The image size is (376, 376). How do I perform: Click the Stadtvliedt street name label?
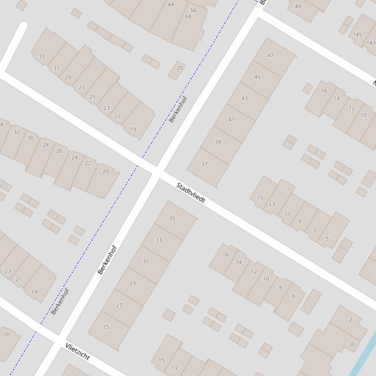click(x=191, y=193)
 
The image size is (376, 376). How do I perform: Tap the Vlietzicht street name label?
click(x=77, y=352)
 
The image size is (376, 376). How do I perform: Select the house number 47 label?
click(x=271, y=55)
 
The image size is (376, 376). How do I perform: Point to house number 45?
click(x=258, y=77)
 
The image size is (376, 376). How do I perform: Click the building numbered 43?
click(x=244, y=98)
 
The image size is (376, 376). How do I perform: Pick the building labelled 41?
click(x=231, y=120)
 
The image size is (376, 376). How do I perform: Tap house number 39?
click(x=218, y=142)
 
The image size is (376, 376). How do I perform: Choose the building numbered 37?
click(x=205, y=164)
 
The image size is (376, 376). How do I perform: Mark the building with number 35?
click(x=172, y=218)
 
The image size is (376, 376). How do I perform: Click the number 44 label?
click(x=170, y=4)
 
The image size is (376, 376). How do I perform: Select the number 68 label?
click(x=188, y=16)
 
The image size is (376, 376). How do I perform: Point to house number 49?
click(x=298, y=6)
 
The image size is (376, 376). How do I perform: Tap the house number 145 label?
click(x=357, y=34)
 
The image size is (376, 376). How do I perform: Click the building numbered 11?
click(x=288, y=214)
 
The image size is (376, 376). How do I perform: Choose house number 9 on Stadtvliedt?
click(x=299, y=222)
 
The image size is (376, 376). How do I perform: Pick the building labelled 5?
click(x=327, y=239)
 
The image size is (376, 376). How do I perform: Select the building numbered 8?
click(x=280, y=288)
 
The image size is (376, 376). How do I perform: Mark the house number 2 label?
click(x=351, y=320)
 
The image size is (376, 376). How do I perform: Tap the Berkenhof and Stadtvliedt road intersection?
click(x=157, y=171)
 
